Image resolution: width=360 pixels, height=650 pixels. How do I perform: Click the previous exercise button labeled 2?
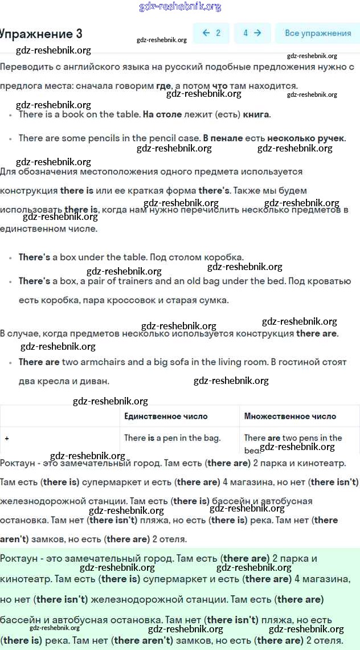pyautogui.click(x=211, y=33)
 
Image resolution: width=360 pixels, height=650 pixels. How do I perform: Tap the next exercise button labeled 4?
pyautogui.click(x=252, y=33)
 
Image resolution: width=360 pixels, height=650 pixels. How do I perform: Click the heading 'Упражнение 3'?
pyautogui.click(x=41, y=34)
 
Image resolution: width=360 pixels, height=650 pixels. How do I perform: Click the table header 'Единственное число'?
pyautogui.click(x=166, y=416)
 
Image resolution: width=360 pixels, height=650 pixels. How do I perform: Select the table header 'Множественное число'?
pyautogui.click(x=290, y=416)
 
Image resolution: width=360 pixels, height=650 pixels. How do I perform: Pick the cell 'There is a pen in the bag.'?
pyautogui.click(x=172, y=438)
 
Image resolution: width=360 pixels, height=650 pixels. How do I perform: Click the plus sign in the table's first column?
pyautogui.click(x=7, y=439)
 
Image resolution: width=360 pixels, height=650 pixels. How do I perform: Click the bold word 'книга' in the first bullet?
pyautogui.click(x=256, y=115)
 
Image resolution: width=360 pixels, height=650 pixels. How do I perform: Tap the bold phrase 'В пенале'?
pyautogui.click(x=223, y=138)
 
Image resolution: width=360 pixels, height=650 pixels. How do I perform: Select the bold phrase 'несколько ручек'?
pyautogui.click(x=305, y=138)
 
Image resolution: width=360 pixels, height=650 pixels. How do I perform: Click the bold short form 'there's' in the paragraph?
pyautogui.click(x=214, y=190)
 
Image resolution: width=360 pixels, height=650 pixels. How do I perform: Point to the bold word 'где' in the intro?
pyautogui.click(x=163, y=86)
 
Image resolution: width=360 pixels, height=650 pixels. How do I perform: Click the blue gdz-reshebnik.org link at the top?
pyautogui.click(x=180, y=7)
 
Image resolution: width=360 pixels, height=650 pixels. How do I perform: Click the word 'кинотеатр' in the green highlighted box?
pyautogui.click(x=26, y=579)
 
